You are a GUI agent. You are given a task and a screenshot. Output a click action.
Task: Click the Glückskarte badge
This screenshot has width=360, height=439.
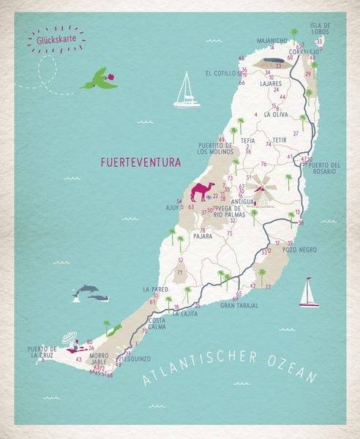pyautogui.click(x=53, y=40)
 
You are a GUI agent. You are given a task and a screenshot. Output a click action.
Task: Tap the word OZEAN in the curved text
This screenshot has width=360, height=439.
pyautogui.click(x=290, y=369)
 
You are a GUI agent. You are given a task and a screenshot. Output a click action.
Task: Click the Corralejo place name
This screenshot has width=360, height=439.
pyautogui.click(x=301, y=51)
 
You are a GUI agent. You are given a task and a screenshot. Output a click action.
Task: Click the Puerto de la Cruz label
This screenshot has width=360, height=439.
pyautogui.click(x=42, y=352)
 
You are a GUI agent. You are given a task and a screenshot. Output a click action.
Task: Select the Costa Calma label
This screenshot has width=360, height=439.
pyautogui.click(x=157, y=323)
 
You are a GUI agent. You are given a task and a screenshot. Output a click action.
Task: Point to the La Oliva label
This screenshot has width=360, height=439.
pyautogui.click(x=276, y=115)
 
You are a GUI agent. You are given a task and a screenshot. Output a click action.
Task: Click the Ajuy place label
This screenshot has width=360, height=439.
pyautogui.click(x=173, y=207)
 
